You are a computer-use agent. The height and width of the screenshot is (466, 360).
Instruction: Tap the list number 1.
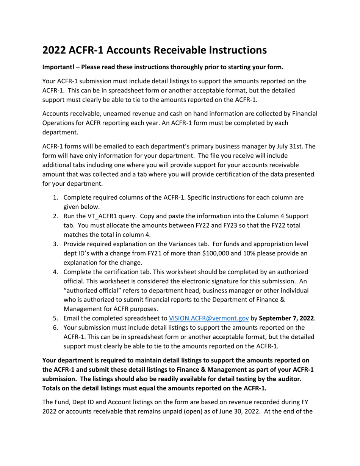click(x=55, y=198)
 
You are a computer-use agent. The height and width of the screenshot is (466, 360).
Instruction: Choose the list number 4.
click(x=55, y=272)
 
